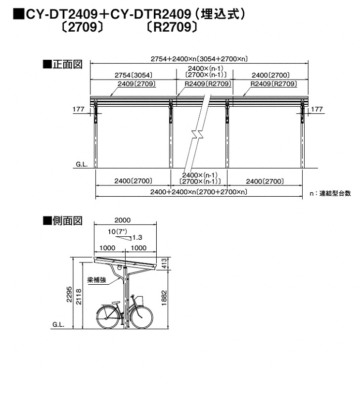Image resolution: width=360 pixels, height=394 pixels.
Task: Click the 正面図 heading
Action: click(63, 64)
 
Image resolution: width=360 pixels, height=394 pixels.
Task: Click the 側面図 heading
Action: click(63, 220)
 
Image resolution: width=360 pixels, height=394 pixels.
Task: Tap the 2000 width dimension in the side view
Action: click(123, 220)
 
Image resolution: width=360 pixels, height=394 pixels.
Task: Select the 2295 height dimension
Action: click(69, 294)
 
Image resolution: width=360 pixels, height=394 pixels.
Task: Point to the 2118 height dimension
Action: click(79, 297)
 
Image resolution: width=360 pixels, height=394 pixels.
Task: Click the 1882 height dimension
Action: click(164, 298)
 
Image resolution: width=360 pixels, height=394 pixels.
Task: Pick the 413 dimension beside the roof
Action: click(164, 263)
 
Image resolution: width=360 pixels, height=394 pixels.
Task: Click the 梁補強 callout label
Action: click(96, 280)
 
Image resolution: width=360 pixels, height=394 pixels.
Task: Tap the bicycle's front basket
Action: click(138, 301)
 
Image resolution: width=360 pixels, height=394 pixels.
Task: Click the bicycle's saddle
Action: click(116, 302)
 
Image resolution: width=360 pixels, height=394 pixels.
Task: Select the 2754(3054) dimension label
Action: click(134, 75)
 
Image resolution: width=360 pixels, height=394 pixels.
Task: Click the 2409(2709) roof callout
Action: click(136, 84)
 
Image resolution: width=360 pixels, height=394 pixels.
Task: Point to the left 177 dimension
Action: click(79, 109)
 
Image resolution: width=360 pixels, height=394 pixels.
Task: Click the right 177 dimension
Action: click(316, 109)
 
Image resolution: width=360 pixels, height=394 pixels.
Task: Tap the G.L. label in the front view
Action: click(82, 165)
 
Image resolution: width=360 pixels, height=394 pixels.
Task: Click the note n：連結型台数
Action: click(330, 193)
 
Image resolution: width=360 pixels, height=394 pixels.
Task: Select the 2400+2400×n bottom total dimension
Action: click(199, 192)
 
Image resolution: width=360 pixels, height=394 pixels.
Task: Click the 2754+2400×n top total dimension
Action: click(199, 59)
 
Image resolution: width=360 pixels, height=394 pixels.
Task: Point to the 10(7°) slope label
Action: click(117, 231)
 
